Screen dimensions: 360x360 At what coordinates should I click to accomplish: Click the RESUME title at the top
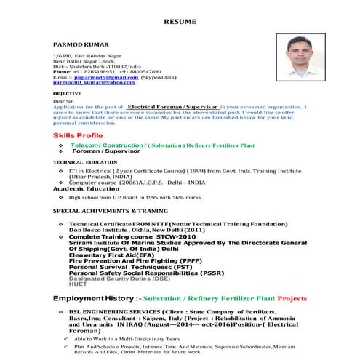pyautogui.click(x=180, y=23)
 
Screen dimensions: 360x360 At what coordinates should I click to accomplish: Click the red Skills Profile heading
pyautogui.click(x=79, y=136)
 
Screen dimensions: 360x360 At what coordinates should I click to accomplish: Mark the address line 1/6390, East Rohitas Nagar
pyautogui.click(x=87, y=55)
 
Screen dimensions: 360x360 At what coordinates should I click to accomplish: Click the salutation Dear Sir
pyautogui.click(x=63, y=101)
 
